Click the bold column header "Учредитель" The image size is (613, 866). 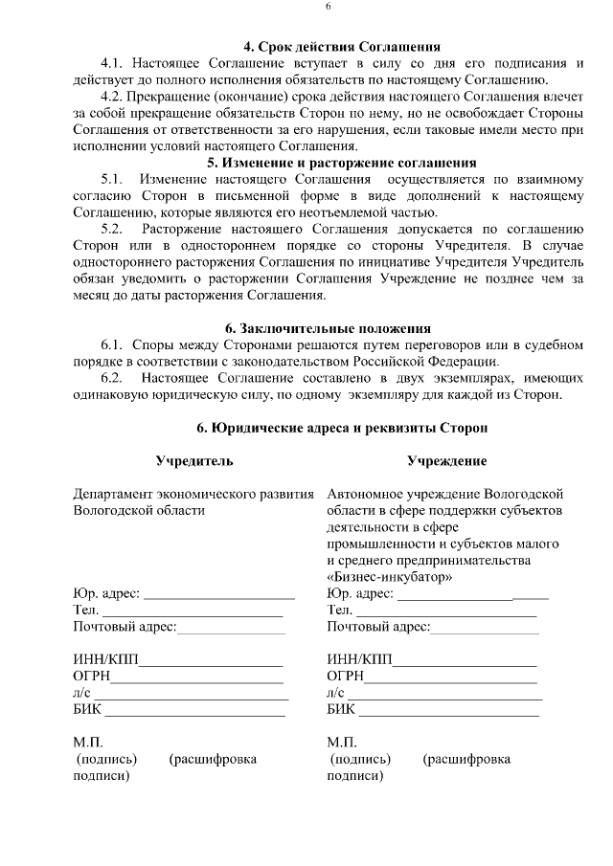pyautogui.click(x=194, y=461)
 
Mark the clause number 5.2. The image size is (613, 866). pyautogui.click(x=112, y=229)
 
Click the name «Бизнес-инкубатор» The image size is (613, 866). pyautogui.click(x=390, y=577)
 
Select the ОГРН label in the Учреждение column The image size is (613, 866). pyautogui.click(x=346, y=677)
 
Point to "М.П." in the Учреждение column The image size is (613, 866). pyautogui.click(x=342, y=742)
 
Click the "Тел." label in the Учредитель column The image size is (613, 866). pyautogui.click(x=86, y=611)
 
